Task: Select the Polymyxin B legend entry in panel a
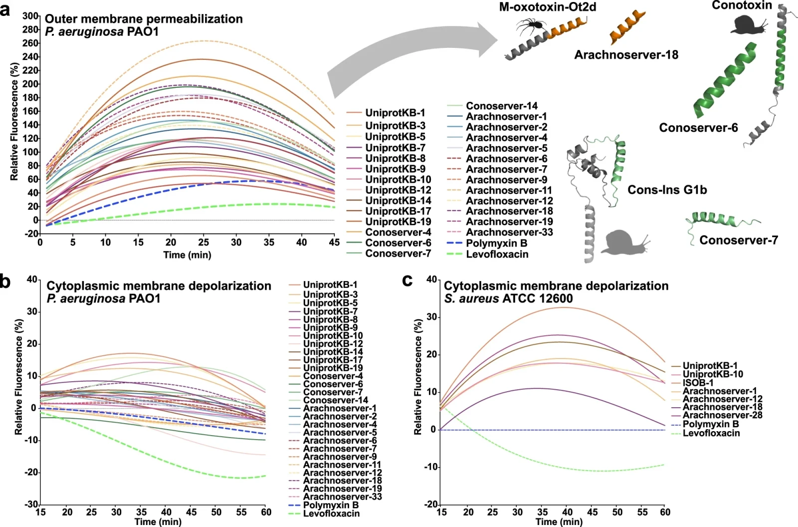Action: (496, 244)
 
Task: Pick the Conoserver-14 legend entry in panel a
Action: (501, 106)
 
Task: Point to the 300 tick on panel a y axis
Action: (30, 16)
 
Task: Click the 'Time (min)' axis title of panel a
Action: (187, 255)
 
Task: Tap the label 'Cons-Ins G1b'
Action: (667, 190)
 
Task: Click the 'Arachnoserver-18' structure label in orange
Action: (626, 55)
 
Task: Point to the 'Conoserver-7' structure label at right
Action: (738, 241)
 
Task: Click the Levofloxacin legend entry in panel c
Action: (711, 433)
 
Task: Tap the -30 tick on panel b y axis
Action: (31, 505)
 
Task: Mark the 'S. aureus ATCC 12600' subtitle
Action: (508, 299)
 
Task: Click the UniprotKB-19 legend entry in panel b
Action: (333, 368)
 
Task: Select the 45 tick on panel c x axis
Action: (592, 512)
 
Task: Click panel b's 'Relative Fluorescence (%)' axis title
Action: (19, 377)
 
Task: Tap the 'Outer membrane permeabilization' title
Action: (144, 19)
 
